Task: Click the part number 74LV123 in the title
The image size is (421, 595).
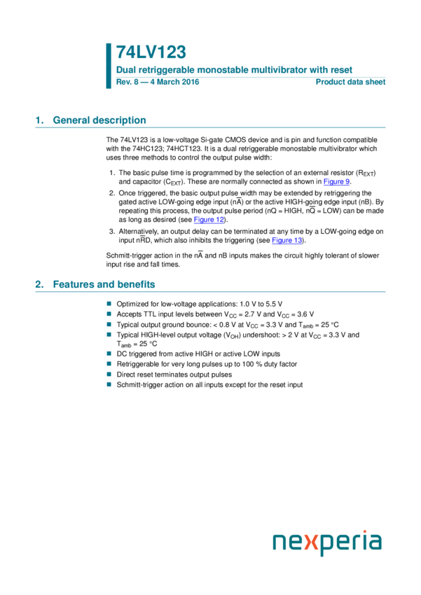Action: (151, 52)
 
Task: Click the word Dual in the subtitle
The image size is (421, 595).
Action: (125, 70)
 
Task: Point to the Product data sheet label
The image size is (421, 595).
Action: (350, 82)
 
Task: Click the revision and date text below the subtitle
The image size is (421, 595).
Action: (158, 82)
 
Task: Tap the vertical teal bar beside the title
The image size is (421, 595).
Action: (109, 66)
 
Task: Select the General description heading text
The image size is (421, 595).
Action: (99, 120)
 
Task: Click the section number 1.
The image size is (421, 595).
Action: (39, 120)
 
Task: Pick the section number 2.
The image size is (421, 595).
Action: (39, 285)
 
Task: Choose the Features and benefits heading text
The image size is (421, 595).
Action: (104, 285)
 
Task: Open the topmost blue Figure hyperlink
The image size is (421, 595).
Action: (336, 183)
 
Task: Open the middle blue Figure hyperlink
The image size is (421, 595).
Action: (209, 220)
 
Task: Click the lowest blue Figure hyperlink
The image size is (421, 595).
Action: (287, 241)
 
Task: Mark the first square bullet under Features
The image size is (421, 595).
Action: (109, 304)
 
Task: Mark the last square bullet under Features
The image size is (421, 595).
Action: (109, 384)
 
